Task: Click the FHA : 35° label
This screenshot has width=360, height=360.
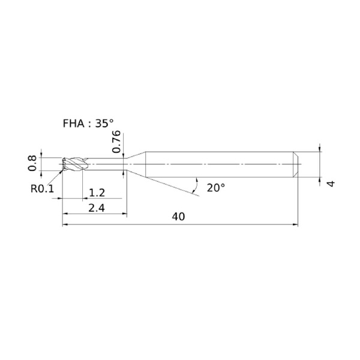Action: [88, 124]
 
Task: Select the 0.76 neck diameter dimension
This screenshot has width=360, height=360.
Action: [116, 142]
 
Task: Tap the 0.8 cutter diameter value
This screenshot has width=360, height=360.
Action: [32, 163]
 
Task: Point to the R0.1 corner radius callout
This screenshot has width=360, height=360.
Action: [42, 189]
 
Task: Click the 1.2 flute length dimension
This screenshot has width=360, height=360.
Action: [97, 193]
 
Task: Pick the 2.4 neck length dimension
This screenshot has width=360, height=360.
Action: [97, 208]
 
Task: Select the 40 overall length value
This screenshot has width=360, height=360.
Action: [178, 217]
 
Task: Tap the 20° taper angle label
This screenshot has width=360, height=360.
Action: [216, 188]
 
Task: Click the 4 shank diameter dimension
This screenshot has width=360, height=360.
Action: [331, 184]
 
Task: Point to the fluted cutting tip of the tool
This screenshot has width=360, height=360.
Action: [74, 164]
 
